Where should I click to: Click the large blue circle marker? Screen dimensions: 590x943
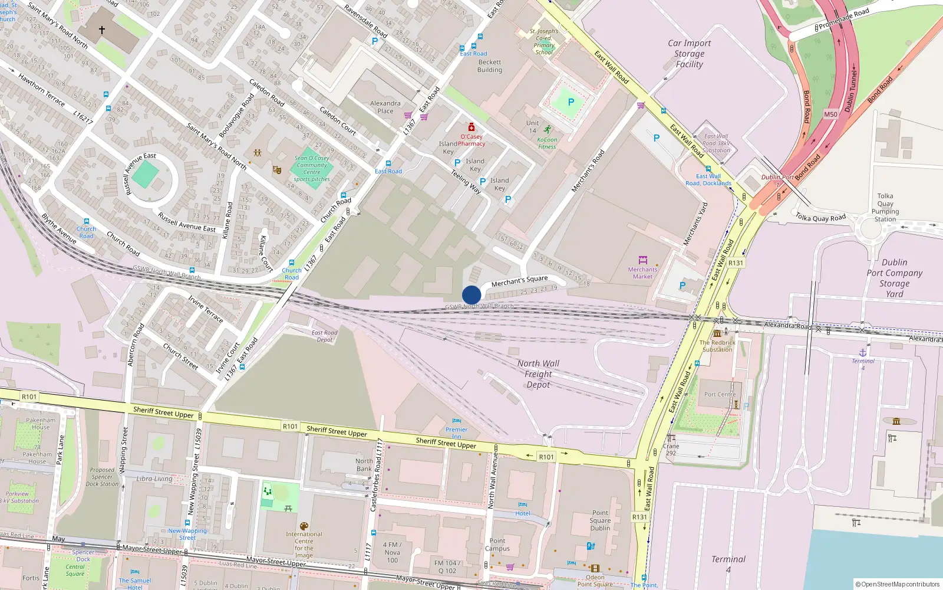click(471, 294)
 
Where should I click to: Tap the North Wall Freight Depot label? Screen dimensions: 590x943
click(538, 374)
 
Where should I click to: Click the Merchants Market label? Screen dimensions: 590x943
click(642, 273)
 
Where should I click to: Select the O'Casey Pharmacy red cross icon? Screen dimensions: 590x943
click(471, 127)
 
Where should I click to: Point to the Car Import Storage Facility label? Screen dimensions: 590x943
click(689, 54)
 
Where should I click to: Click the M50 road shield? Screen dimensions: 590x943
click(830, 114)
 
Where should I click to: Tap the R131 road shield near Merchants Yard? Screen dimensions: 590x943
click(736, 263)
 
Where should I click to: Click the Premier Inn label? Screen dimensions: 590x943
click(456, 432)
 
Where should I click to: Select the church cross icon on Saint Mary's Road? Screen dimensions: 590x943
click(101, 29)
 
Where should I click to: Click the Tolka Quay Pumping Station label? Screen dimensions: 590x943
click(885, 207)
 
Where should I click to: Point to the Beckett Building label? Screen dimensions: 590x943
click(490, 65)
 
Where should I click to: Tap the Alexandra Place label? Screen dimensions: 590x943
click(385, 107)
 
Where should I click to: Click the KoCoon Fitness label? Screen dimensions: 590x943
click(547, 143)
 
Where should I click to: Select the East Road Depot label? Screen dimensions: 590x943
click(324, 336)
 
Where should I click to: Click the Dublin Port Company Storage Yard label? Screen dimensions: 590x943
click(894, 278)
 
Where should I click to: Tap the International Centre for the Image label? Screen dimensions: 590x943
click(304, 544)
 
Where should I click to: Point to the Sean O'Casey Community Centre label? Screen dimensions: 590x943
click(312, 168)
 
